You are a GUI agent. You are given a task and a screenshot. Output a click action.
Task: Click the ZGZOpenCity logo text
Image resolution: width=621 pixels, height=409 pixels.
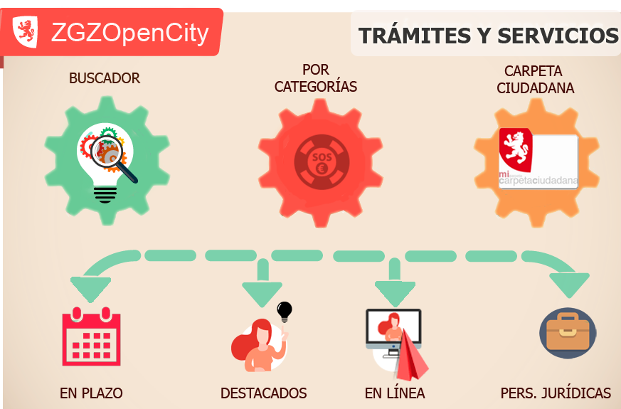pos(129,33)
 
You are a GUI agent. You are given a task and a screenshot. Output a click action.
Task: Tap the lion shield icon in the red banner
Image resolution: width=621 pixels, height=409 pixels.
pos(26,33)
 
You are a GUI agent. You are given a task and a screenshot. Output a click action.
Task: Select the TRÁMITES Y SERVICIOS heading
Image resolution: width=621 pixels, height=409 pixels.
pos(488,36)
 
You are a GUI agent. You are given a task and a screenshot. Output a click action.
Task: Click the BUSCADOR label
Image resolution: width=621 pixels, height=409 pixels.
pos(105,78)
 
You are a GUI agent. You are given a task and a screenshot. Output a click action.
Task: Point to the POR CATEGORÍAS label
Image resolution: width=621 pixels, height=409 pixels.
pos(316,79)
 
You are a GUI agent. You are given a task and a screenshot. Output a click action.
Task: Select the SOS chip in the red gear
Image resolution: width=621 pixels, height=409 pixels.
pos(321,162)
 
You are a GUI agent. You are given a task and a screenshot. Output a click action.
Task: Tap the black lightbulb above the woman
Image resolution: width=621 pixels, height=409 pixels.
pos(285,311)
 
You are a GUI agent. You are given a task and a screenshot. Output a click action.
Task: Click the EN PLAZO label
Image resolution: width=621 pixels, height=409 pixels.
pos(91,393)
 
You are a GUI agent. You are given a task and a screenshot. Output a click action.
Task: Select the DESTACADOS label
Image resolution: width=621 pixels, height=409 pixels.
pos(263,393)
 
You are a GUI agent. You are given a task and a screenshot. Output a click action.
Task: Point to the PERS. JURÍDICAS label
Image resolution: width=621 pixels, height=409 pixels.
pos(556,393)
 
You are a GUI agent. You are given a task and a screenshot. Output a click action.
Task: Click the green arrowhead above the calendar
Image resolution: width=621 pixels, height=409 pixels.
pos(90,288)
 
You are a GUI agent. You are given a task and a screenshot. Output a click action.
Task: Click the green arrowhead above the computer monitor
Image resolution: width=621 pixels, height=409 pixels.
pos(395,291)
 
